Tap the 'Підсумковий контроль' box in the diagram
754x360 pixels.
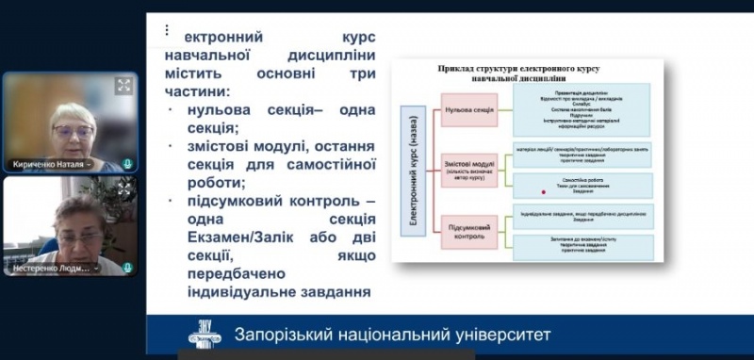469,233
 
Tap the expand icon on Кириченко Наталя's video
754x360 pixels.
123,86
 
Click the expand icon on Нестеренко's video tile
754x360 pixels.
123,189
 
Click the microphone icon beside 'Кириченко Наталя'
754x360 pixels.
127,163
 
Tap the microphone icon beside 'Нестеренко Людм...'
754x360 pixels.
127,268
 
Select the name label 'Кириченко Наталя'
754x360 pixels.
51,164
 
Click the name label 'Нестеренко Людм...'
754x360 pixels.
51,269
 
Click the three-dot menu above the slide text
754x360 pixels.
167,29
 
